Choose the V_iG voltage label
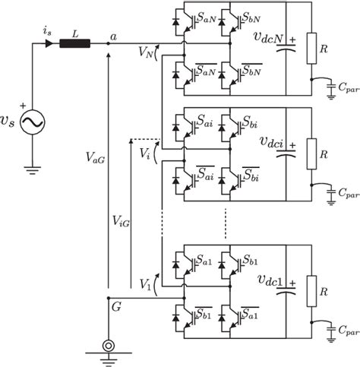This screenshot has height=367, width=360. point(119,221)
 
